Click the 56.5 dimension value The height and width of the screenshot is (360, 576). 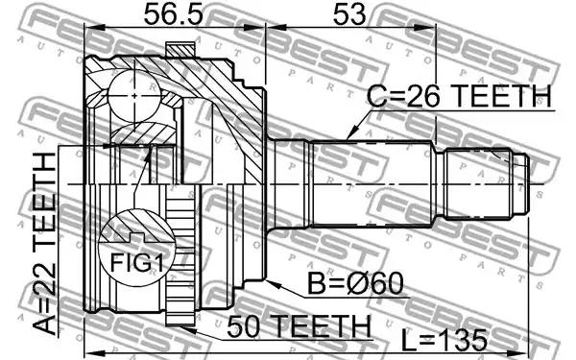pos(173,14)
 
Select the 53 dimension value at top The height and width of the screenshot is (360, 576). pos(349,14)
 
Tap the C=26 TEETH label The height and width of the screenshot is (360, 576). pos(459,95)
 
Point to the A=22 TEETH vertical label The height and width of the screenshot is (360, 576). pos(44,243)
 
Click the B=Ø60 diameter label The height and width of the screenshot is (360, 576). pos(355,283)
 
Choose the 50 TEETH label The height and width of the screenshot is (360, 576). pos(299,326)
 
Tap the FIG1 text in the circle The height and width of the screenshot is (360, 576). pos(136,263)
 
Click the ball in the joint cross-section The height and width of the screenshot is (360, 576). pos(134,96)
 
